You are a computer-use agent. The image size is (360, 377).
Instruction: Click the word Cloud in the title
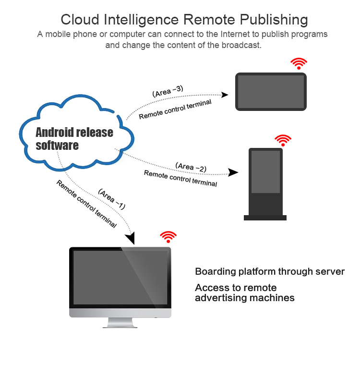(80, 19)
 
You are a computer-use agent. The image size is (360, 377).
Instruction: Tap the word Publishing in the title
(274, 20)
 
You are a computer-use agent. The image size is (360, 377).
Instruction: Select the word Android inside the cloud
(54, 132)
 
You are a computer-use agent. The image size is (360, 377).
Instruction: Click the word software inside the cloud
(57, 146)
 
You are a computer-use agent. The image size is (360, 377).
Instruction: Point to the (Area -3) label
(168, 91)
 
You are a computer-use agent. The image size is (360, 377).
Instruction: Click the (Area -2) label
(191, 167)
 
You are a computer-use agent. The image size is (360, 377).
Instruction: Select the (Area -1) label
(112, 199)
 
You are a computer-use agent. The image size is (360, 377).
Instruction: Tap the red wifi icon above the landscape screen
(299, 63)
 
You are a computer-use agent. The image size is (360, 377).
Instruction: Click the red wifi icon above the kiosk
(283, 140)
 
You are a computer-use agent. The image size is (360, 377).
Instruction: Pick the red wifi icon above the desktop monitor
(168, 237)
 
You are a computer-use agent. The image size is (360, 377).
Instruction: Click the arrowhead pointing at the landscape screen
(225, 95)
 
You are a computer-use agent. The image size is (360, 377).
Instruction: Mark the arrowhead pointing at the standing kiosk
(233, 172)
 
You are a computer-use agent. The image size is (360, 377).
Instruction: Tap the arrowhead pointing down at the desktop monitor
(131, 238)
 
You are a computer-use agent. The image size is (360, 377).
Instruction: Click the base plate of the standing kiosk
(265, 218)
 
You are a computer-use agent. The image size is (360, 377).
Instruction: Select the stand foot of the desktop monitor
(120, 323)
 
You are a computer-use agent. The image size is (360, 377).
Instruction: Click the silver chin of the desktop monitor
(120, 313)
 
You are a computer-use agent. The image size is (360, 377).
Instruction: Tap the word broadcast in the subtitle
(241, 45)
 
